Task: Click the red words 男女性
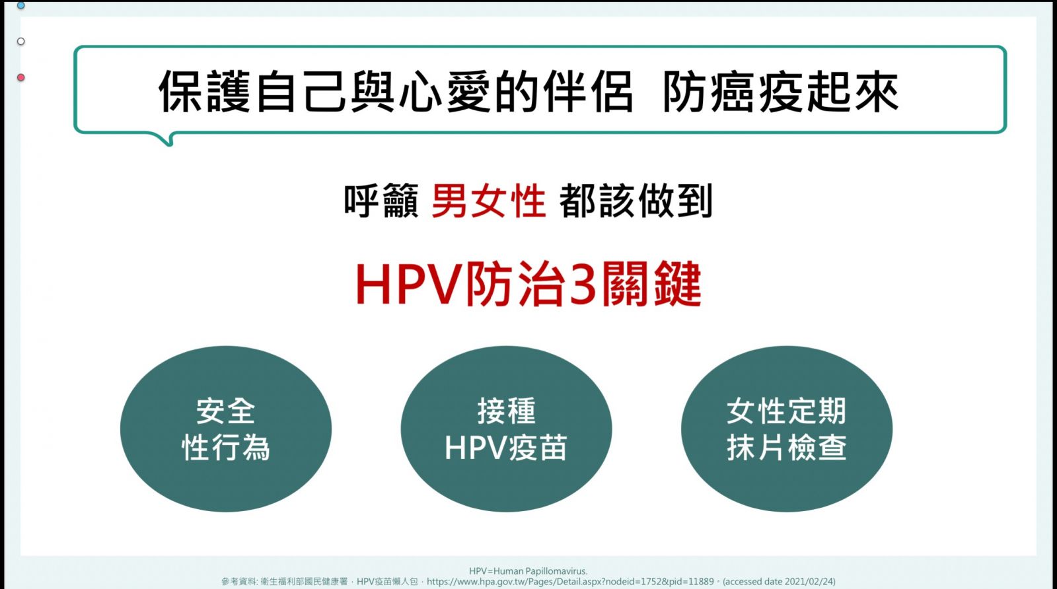(x=489, y=201)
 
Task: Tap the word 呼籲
(x=381, y=201)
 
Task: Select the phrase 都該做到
(x=636, y=201)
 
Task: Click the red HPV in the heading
(x=408, y=285)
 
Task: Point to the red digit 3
(x=584, y=285)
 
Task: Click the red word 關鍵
(x=651, y=285)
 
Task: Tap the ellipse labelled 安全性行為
(x=226, y=429)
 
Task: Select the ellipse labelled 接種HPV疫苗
(x=506, y=429)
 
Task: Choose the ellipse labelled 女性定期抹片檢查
(x=787, y=429)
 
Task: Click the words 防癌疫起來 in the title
(x=781, y=92)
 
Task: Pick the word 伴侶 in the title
(x=587, y=92)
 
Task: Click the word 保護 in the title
(x=204, y=92)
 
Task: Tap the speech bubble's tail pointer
(x=165, y=139)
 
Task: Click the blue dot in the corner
(x=20, y=5)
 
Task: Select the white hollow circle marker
(x=20, y=42)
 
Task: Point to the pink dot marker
(x=20, y=77)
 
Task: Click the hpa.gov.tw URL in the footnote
(x=570, y=582)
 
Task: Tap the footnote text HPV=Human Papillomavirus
(x=528, y=572)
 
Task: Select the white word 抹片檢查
(x=787, y=448)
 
